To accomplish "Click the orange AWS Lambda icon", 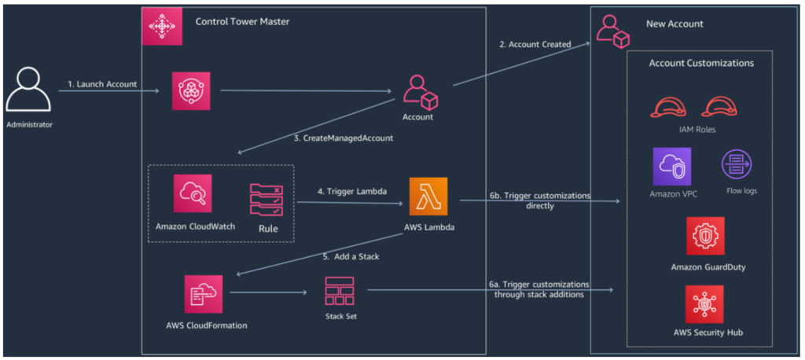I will (x=428, y=197).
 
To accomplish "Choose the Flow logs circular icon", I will (x=737, y=165).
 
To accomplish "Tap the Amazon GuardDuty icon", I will (x=704, y=237).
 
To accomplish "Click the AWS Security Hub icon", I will (x=704, y=304).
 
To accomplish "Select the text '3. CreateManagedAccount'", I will (x=343, y=138).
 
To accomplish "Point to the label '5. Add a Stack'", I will (x=351, y=256).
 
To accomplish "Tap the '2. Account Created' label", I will (x=534, y=44).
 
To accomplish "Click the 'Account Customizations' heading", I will (x=701, y=63).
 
